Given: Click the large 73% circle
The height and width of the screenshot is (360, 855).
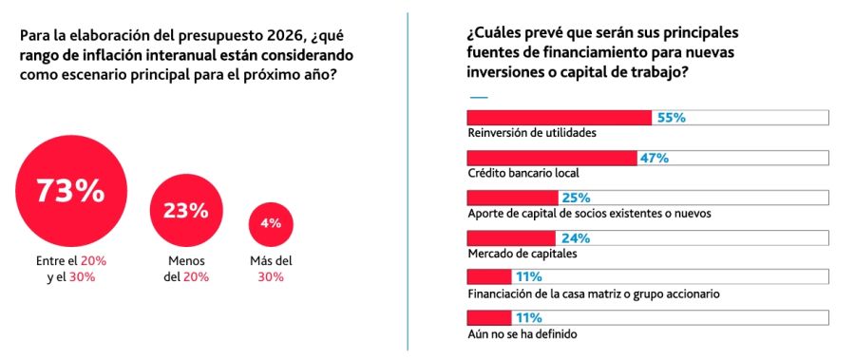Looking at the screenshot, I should pos(69,190).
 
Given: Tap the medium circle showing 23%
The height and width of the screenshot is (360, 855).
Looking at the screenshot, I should pos(185,211).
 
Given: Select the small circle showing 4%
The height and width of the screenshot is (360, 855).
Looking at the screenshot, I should pos(271,224).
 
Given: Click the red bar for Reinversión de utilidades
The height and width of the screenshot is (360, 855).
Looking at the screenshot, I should pos(560,118).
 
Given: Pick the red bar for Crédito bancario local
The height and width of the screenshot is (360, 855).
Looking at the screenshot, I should pos(552,158).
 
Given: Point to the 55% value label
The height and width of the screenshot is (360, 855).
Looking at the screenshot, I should pos(672,118).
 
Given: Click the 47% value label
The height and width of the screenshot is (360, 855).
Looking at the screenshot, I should pos(655,158).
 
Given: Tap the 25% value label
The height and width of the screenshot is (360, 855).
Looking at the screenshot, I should pos(576,198).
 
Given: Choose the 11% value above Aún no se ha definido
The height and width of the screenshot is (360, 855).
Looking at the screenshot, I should pos(527,317).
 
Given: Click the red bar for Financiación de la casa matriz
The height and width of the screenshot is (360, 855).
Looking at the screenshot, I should pos(489,277).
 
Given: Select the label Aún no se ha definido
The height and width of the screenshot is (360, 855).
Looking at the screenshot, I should pos(522,334).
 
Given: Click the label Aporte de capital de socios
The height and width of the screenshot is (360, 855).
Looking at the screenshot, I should pos(589,214).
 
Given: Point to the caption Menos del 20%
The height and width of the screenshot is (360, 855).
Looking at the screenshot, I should pos(185,269).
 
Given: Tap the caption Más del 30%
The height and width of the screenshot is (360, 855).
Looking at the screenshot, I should pos(271,269).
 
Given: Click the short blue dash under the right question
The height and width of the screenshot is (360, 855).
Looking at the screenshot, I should pos(479,96).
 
